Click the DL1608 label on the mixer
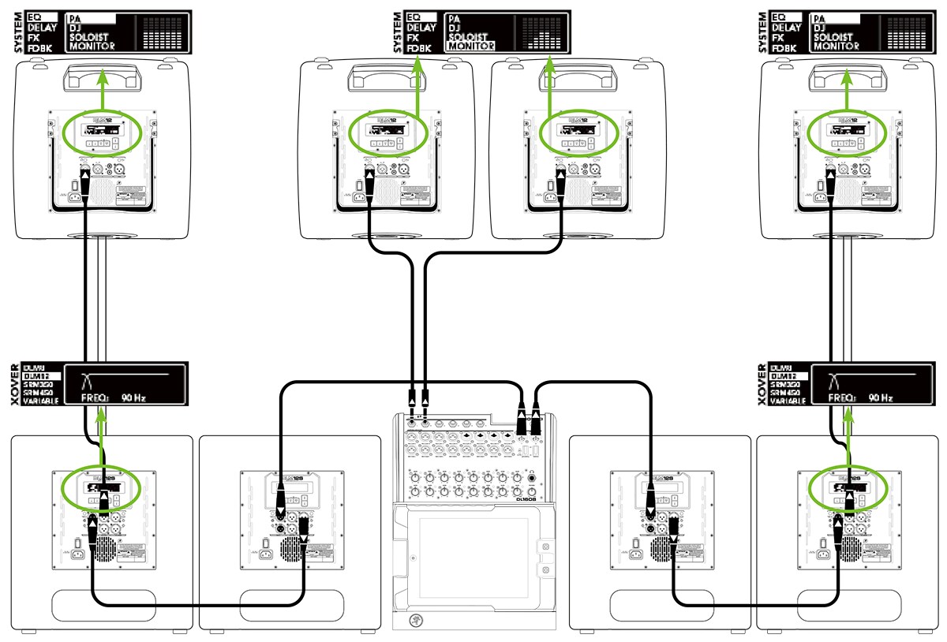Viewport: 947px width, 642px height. [524, 498]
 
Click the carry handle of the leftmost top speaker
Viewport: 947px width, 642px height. [102, 77]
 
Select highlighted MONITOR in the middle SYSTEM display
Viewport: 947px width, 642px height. [470, 46]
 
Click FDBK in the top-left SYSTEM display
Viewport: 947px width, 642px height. [39, 47]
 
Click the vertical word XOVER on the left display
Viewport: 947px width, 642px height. [16, 385]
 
